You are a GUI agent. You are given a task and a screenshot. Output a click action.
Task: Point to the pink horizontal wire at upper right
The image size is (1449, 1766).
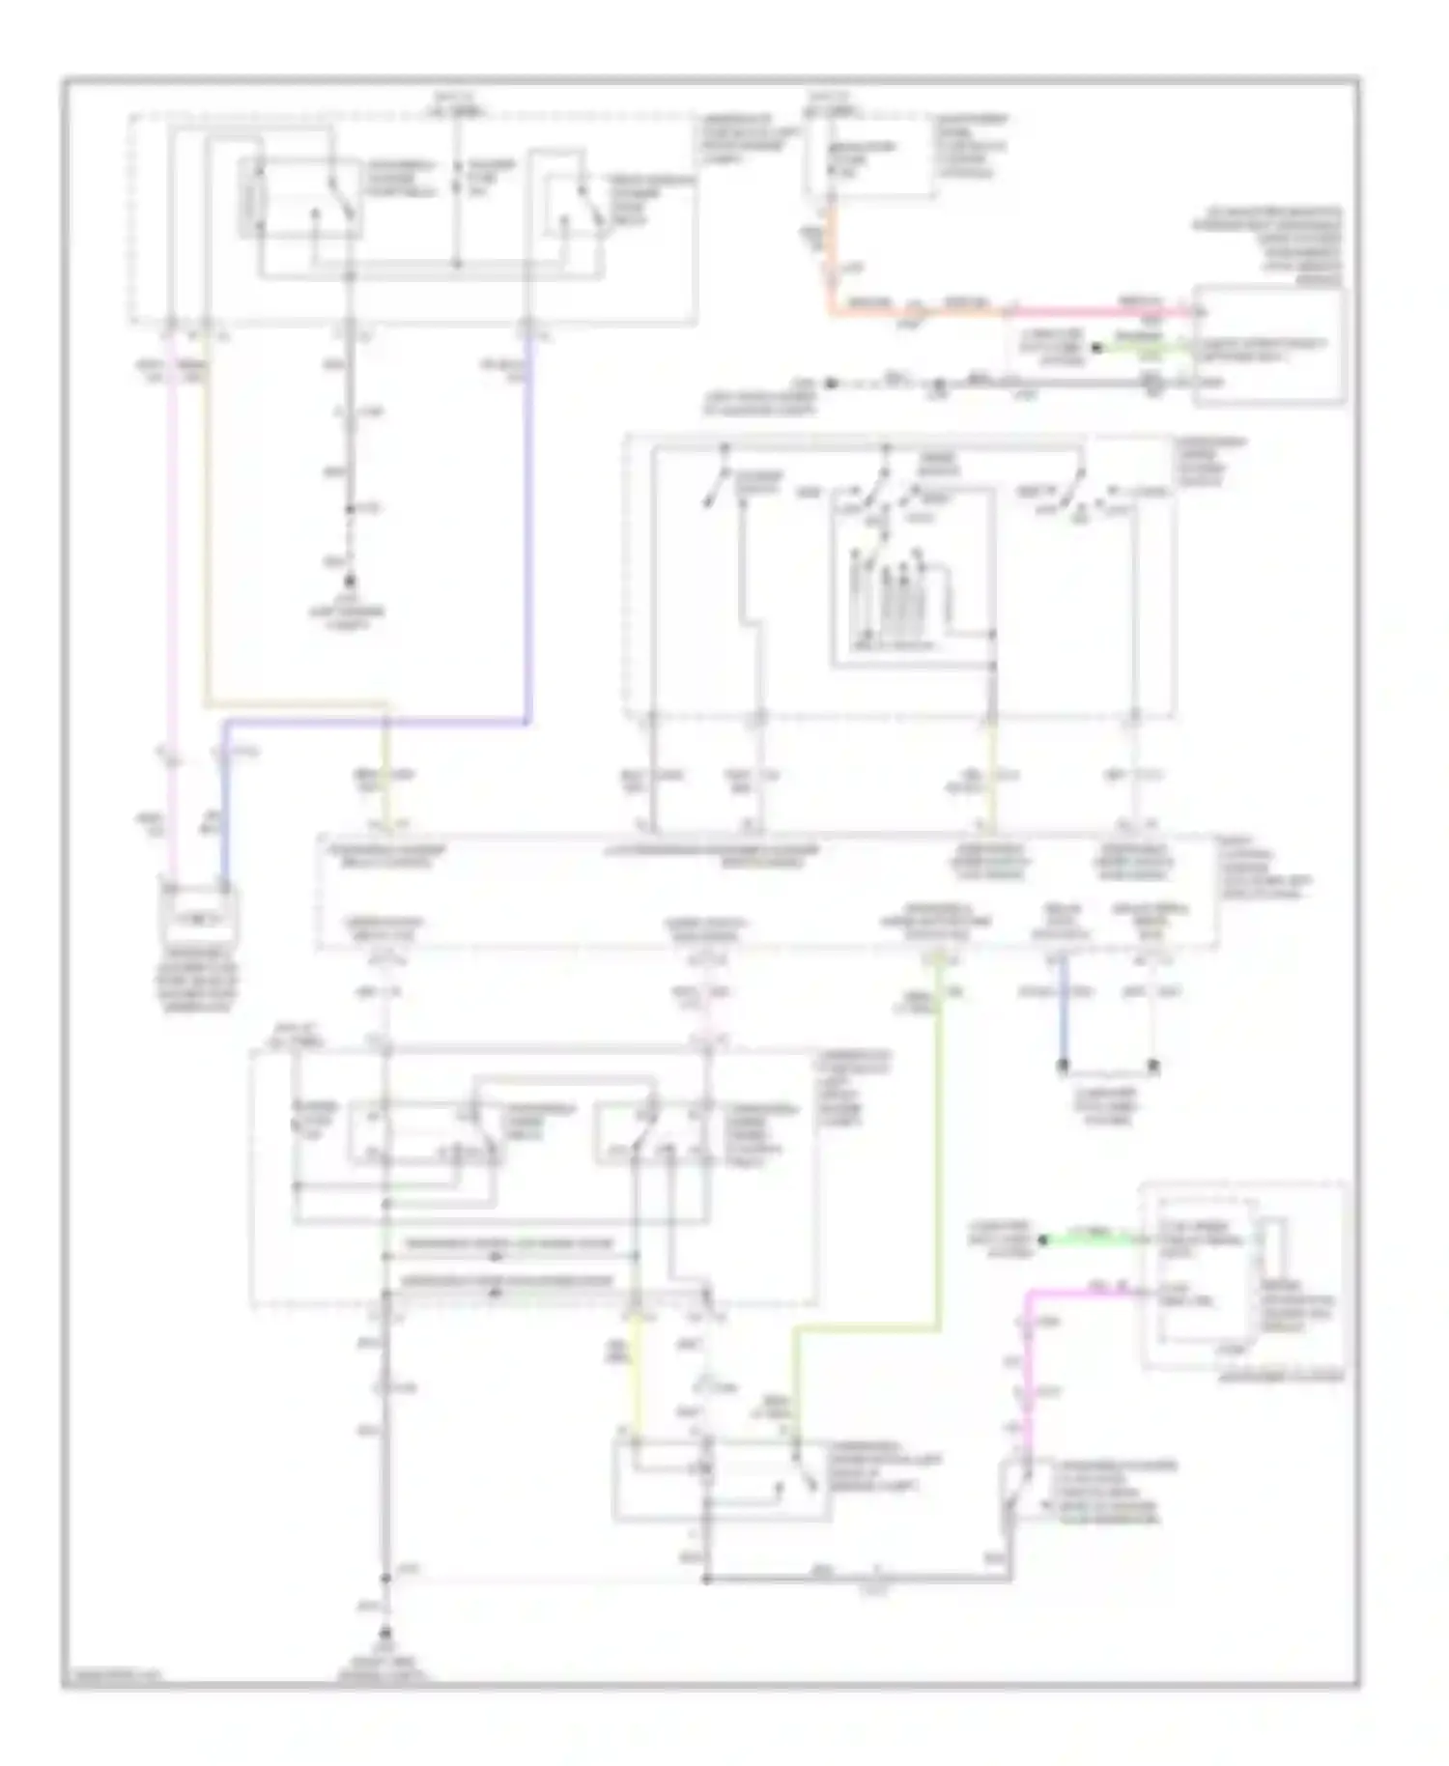tap(1101, 311)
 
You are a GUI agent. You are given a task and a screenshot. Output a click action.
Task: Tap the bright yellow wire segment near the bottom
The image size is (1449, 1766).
tap(636, 1372)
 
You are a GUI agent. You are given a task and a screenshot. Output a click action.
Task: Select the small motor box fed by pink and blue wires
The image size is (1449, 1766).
tap(199, 912)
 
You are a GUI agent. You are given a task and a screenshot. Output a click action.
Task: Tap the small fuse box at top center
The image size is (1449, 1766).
tap(869, 159)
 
